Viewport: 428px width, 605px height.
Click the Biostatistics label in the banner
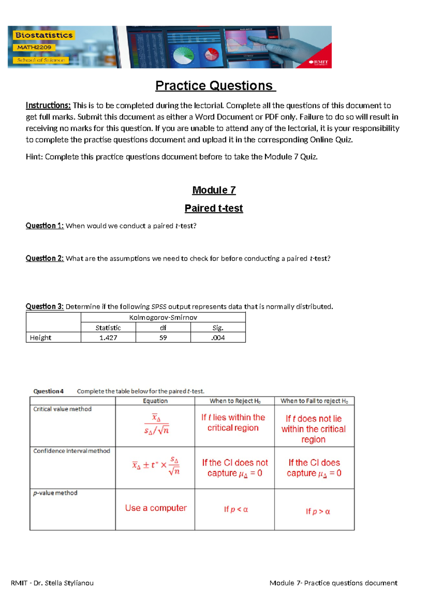[44, 35]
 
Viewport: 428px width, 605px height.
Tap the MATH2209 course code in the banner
[34, 47]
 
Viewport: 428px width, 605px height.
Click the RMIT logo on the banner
[319, 62]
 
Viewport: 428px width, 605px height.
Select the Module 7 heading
[214, 190]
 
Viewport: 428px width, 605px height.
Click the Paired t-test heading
[214, 208]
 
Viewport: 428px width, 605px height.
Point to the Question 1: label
[45, 226]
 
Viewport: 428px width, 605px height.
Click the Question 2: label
[45, 258]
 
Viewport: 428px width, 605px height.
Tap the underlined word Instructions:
[48, 106]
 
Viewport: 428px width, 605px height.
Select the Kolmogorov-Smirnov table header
[163, 317]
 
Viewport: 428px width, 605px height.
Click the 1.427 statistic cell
[108, 338]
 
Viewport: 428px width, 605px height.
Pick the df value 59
[163, 338]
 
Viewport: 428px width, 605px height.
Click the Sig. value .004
[218, 338]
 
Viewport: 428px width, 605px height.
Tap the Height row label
[41, 338]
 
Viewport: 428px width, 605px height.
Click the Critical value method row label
[62, 409]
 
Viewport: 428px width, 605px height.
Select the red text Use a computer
[156, 508]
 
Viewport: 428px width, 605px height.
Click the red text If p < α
[236, 509]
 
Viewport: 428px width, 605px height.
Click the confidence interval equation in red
[156, 466]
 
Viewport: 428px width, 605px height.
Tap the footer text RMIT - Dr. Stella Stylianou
[52, 583]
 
